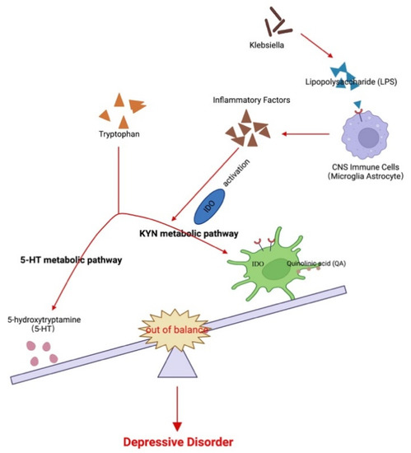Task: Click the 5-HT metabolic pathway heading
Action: tap(71, 261)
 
